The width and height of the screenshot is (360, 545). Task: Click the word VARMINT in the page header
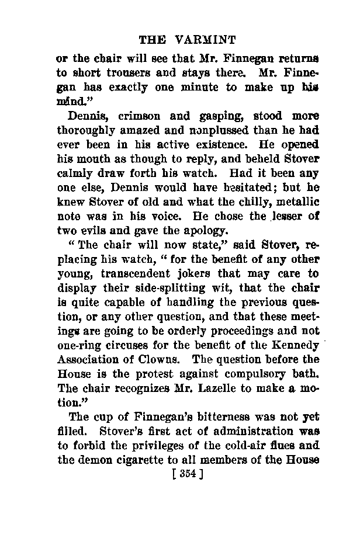205,40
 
